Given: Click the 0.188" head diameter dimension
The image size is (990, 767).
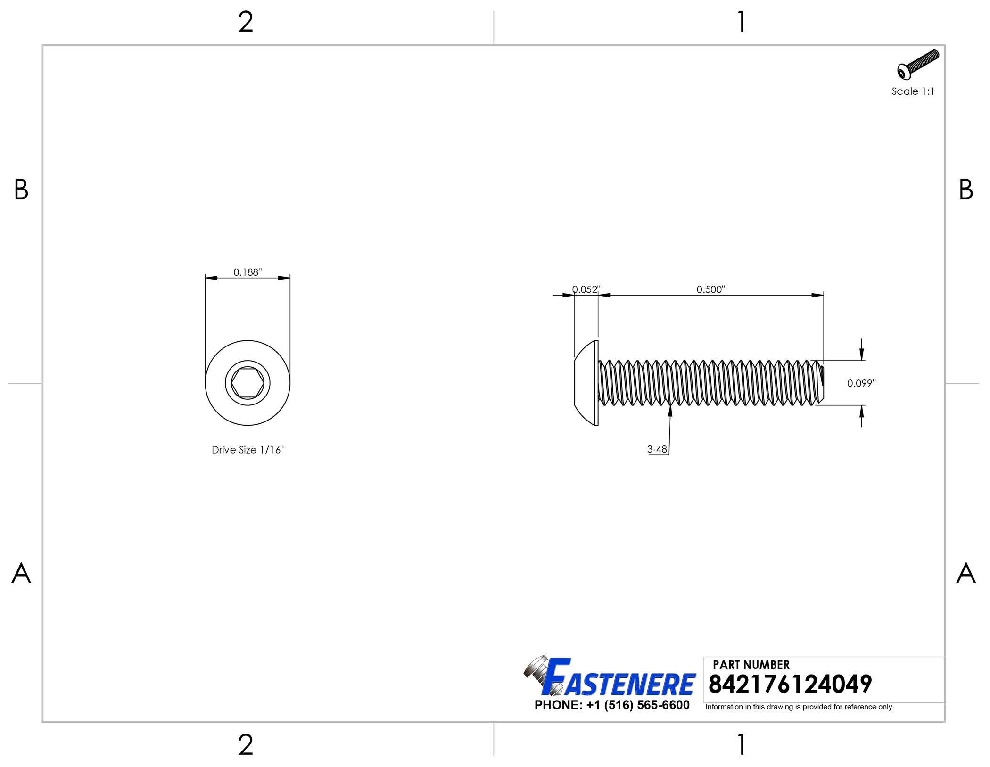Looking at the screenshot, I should coord(247,272).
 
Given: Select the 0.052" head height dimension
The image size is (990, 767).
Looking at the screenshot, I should coord(586,289).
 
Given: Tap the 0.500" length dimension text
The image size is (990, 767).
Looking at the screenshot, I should coord(710,289).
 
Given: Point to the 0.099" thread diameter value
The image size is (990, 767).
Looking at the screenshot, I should coord(861,383).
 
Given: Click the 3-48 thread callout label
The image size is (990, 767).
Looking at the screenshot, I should coord(657,449).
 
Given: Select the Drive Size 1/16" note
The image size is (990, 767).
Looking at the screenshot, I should coord(247,450).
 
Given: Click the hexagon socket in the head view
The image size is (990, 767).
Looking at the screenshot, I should coord(247,383).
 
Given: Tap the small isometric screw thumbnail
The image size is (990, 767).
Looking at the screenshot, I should coord(917,65).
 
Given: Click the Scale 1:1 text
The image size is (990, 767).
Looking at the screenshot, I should coord(913,91).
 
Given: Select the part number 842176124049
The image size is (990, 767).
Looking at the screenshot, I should coord(790,684).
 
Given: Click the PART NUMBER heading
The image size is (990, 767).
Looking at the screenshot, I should coord(751,665).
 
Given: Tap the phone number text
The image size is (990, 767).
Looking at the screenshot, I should coord(612,705).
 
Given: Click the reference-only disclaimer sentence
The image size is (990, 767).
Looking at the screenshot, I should coord(800,707).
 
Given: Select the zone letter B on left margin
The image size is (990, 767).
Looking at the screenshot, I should coord(21,190).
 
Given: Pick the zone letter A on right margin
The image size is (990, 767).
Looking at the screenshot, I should coord(965,573).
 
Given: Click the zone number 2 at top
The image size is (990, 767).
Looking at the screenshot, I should coord(246,22).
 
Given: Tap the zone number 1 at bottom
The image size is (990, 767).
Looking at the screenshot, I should coord(742,745).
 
